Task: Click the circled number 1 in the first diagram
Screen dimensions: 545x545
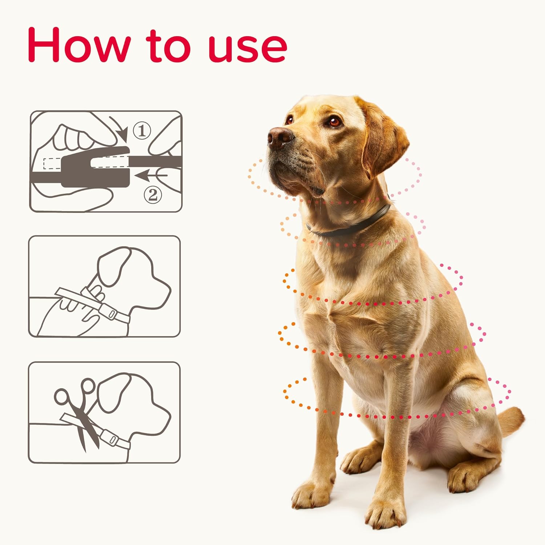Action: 142,131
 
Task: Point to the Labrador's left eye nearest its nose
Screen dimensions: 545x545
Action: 290,119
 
